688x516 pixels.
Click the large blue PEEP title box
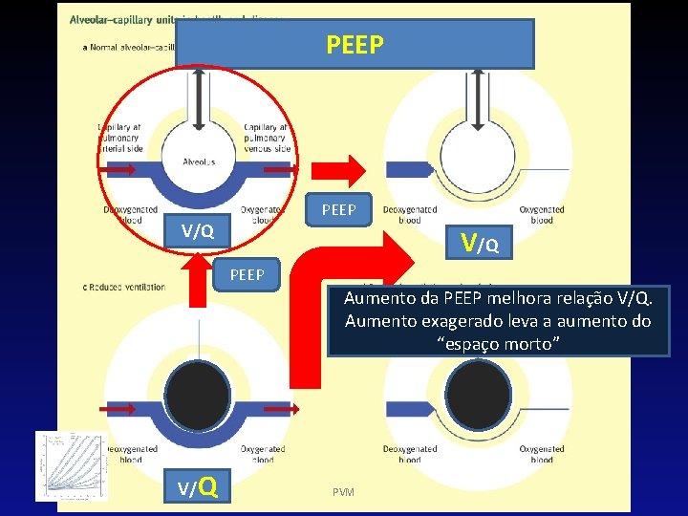pyautogui.click(x=355, y=44)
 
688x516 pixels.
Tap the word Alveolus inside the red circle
pyautogui.click(x=198, y=161)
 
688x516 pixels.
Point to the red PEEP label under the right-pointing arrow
pyautogui.click(x=339, y=209)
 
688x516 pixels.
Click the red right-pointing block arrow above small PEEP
pyautogui.click(x=339, y=171)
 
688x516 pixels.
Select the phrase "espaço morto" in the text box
pyautogui.click(x=498, y=343)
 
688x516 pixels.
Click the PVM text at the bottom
pyautogui.click(x=343, y=492)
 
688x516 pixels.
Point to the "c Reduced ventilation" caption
pyautogui.click(x=124, y=287)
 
